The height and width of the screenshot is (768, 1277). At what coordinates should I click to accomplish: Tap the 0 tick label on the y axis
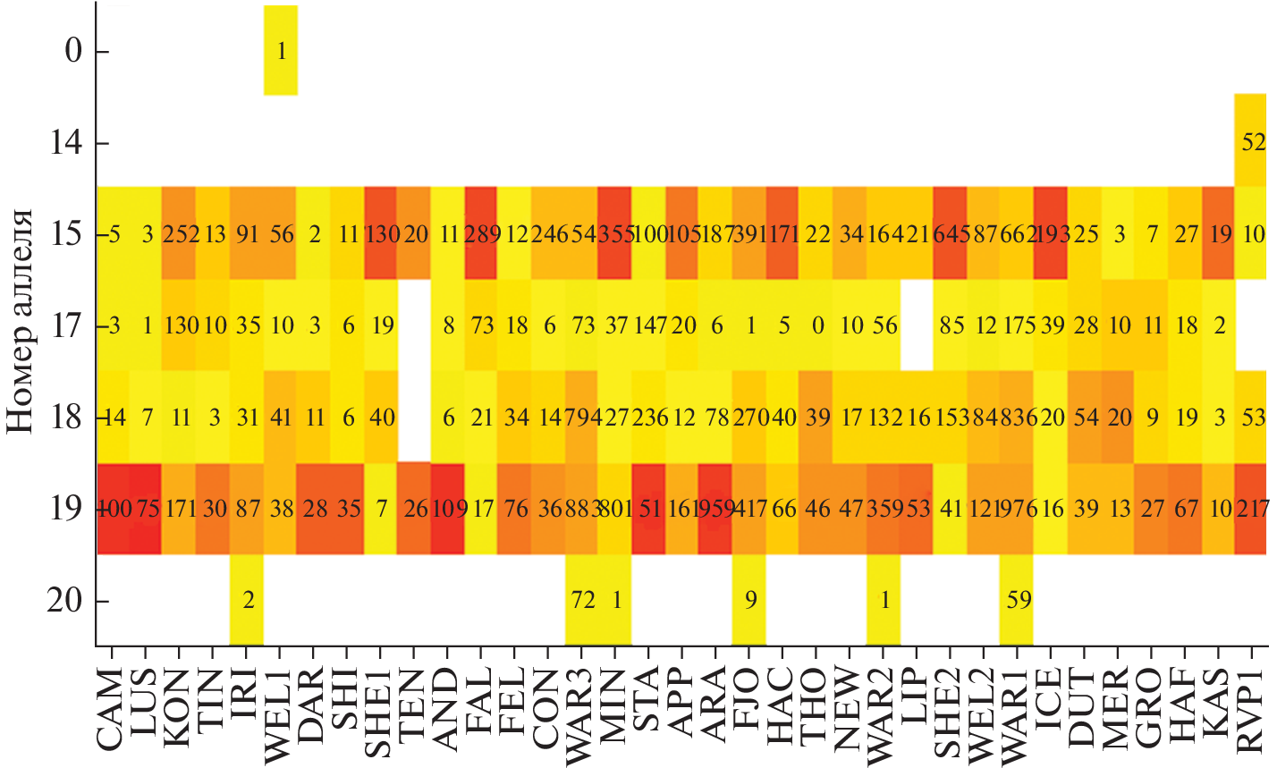[x=73, y=52]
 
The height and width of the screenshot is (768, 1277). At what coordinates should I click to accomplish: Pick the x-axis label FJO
[x=749, y=715]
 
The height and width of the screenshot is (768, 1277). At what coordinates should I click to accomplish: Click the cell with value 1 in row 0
[x=281, y=51]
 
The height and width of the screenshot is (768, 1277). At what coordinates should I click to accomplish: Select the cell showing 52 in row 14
[x=1252, y=141]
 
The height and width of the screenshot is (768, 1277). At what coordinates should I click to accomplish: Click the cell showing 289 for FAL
[x=481, y=234]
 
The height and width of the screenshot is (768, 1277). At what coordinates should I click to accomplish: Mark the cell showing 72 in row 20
[x=582, y=600]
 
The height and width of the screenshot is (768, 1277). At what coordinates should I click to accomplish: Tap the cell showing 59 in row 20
[x=1018, y=600]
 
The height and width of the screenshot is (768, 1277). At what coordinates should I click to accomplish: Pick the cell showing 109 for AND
[x=447, y=509]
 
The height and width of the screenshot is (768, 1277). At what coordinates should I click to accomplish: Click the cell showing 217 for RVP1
[x=1252, y=509]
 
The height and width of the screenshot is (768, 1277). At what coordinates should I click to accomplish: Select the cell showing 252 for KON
[x=180, y=234]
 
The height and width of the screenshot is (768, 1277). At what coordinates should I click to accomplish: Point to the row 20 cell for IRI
[x=248, y=600]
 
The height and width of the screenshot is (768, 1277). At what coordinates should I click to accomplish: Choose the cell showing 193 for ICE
[x=1051, y=234]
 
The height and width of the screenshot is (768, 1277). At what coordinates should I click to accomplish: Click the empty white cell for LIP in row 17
[x=918, y=325]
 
